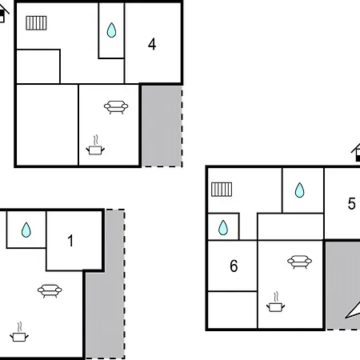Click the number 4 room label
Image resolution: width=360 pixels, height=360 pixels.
(x=152, y=44)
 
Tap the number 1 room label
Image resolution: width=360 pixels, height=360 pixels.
(x=70, y=241)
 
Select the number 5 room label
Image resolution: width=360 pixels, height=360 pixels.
(x=351, y=203)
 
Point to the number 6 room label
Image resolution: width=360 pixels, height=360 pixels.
(x=234, y=266)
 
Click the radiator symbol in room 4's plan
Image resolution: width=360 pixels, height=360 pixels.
(x=36, y=23)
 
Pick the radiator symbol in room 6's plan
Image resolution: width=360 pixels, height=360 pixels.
(x=222, y=190)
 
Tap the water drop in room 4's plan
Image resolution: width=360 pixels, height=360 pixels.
(x=111, y=30)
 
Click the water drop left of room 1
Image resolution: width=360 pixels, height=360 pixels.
(x=26, y=230)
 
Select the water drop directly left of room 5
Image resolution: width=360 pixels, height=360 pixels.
(x=299, y=190)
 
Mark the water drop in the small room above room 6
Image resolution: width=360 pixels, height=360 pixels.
(x=223, y=228)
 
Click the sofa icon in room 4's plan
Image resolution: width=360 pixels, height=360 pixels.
(x=116, y=107)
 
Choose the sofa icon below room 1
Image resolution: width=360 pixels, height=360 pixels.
(x=50, y=290)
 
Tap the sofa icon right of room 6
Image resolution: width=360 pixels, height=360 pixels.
(x=299, y=262)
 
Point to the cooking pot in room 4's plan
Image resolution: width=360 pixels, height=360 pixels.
(x=95, y=146)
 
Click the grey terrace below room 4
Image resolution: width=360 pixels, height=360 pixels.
(x=162, y=126)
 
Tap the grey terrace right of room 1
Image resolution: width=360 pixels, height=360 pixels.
(x=105, y=294)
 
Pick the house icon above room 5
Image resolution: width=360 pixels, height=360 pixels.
(x=356, y=153)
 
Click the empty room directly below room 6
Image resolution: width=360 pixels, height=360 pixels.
(x=232, y=310)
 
